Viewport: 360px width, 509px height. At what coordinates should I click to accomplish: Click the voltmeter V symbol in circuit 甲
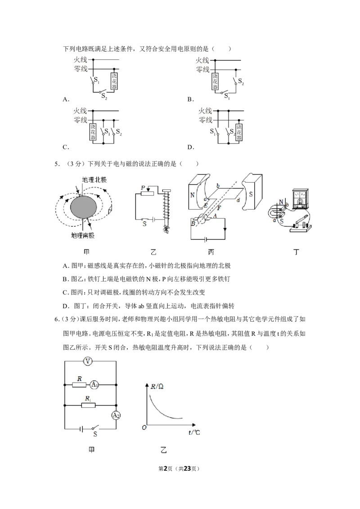(87, 361)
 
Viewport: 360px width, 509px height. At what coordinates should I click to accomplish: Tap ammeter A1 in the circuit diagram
(94, 384)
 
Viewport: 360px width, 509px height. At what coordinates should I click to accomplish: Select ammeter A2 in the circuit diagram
(116, 415)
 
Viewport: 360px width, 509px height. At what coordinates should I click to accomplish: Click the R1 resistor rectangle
(88, 405)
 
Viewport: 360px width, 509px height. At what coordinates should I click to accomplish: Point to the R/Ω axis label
(157, 386)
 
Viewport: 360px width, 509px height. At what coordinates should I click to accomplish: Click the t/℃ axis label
(194, 433)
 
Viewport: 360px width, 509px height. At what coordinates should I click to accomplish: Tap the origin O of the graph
(144, 428)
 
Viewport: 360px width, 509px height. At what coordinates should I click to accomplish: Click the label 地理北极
(94, 180)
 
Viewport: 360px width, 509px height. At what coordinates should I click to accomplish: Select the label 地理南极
(82, 235)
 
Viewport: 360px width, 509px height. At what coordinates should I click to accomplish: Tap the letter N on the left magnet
(192, 195)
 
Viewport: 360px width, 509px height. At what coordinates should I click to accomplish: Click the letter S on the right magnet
(251, 194)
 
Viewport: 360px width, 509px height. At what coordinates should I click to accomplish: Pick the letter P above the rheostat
(143, 188)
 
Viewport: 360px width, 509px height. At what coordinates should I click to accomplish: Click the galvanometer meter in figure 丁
(302, 198)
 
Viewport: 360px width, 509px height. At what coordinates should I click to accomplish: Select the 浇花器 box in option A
(114, 80)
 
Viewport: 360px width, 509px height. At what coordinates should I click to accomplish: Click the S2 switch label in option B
(241, 81)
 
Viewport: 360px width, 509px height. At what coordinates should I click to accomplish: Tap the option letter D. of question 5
(66, 306)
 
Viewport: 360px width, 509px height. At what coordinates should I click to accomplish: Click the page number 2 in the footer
(166, 469)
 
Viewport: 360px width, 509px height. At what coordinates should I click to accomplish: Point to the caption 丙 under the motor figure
(211, 252)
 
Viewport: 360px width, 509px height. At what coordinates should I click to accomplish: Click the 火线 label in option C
(80, 111)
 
